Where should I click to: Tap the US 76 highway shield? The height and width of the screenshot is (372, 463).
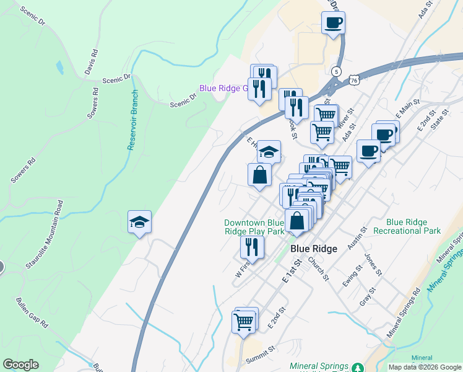coord(353,80)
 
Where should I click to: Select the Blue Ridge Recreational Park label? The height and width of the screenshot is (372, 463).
coord(413,226)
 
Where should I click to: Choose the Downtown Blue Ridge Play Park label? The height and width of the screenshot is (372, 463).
coord(254,227)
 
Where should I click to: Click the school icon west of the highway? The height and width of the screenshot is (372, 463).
coord(139,221)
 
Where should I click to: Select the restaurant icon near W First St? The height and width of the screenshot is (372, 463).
coord(252,247)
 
